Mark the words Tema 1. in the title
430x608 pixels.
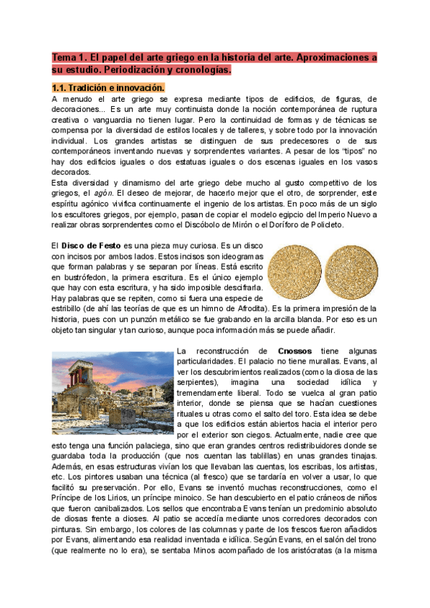pos(69,57)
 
